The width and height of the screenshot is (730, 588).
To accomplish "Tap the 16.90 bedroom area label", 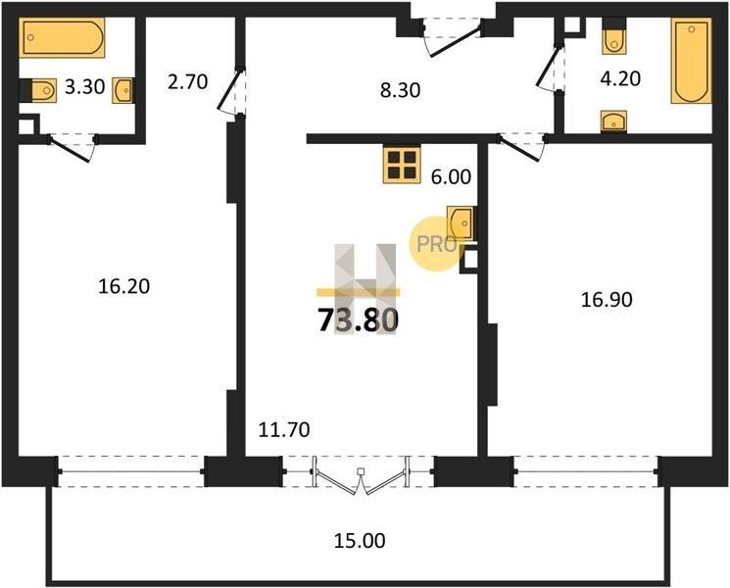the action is pyautogui.click(x=607, y=300).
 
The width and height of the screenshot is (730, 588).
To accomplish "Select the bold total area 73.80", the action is pyautogui.click(x=358, y=320).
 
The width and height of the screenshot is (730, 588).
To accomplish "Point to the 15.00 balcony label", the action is pyautogui.click(x=360, y=541).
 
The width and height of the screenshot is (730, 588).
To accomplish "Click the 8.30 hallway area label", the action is pyautogui.click(x=400, y=90).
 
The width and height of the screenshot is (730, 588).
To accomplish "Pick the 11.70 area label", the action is pyautogui.click(x=284, y=429).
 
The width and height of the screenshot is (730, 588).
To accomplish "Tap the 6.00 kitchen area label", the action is pyautogui.click(x=451, y=177).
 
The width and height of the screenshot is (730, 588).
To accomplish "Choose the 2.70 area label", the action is pyautogui.click(x=187, y=82).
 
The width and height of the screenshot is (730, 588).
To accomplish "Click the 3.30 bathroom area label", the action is pyautogui.click(x=84, y=86).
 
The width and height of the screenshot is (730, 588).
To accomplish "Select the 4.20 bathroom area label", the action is pyautogui.click(x=620, y=78).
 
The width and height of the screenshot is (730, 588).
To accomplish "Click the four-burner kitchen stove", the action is pyautogui.click(x=402, y=165).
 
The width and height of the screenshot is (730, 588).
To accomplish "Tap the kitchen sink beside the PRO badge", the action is pyautogui.click(x=461, y=223).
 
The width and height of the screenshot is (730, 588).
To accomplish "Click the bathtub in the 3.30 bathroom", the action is pyautogui.click(x=62, y=37).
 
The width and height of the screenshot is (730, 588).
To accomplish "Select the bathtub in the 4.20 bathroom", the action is pyautogui.click(x=692, y=60).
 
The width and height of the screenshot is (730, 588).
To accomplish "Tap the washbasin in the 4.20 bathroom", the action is pyautogui.click(x=613, y=122).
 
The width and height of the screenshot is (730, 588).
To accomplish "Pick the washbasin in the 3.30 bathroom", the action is pyautogui.click(x=122, y=90).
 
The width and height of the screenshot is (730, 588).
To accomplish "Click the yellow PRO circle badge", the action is pyautogui.click(x=434, y=244).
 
